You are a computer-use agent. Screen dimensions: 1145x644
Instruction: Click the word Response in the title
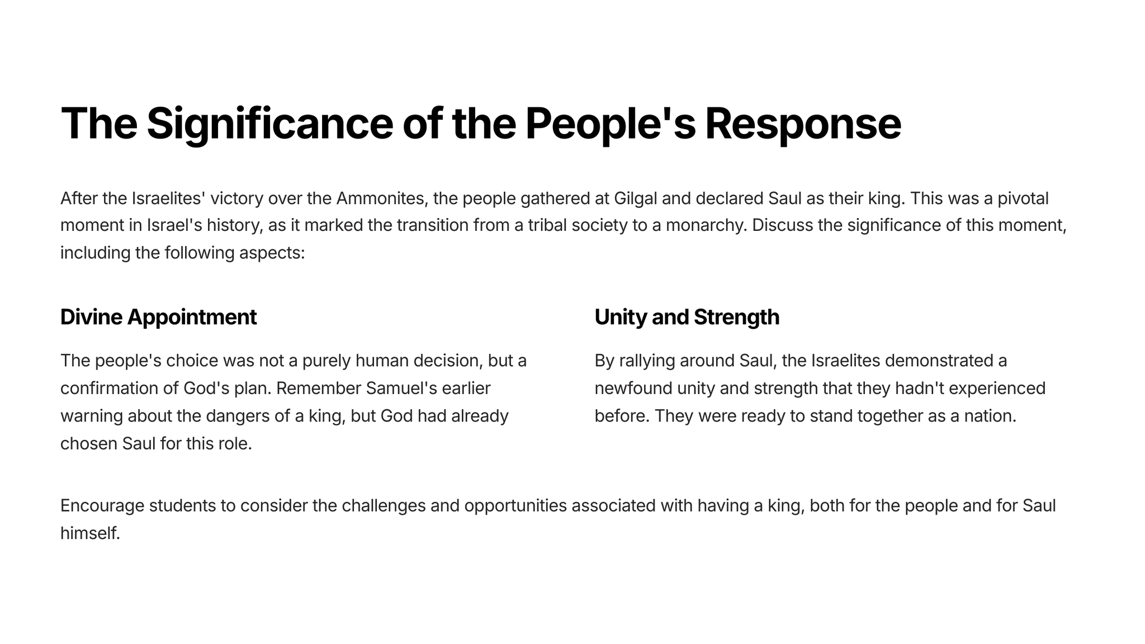803,124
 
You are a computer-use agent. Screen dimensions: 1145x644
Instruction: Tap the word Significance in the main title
270,124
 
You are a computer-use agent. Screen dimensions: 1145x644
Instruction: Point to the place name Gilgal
635,199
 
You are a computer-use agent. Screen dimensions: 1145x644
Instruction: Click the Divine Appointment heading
158,318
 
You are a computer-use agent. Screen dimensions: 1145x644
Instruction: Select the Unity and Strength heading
687,318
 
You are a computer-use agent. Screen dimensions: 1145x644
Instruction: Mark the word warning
92,416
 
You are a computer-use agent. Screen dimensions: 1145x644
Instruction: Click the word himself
90,533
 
